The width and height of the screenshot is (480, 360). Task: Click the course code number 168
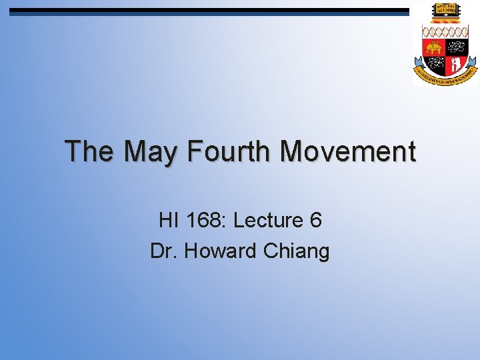(202, 219)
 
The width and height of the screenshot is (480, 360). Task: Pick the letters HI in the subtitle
(168, 219)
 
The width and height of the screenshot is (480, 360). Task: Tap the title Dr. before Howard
(164, 251)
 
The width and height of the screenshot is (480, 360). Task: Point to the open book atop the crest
(444, 10)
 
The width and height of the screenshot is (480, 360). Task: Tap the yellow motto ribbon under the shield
(445, 75)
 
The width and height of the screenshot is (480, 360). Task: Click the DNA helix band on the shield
(445, 31)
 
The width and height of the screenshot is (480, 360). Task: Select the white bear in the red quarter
(456, 64)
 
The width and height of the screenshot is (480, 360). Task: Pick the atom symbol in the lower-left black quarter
(434, 63)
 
